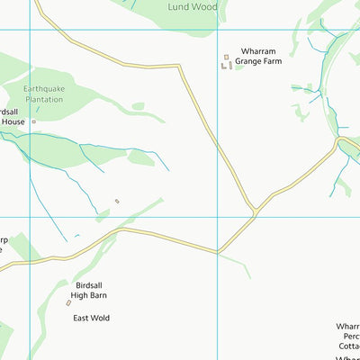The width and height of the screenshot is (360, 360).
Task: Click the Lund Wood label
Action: [x=193, y=6]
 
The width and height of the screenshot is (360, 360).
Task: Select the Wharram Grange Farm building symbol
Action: [x=226, y=62]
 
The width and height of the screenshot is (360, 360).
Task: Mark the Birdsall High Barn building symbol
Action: [x=68, y=303]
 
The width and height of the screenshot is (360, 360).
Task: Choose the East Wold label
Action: [x=93, y=318]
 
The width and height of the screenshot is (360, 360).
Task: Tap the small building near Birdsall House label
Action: [x=33, y=121]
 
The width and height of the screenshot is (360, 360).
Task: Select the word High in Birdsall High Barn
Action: [x=85, y=293]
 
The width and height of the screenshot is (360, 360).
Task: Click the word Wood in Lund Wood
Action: [x=205, y=6]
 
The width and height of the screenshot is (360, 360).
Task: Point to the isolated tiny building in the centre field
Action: [x=117, y=201]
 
